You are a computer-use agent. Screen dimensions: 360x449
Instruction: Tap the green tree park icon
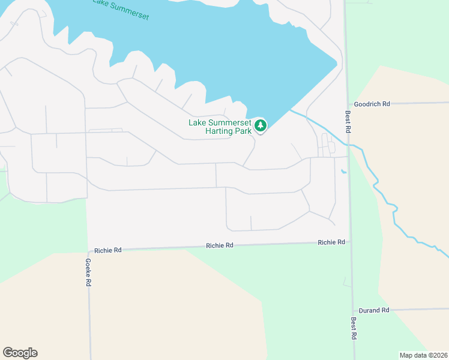(260, 126)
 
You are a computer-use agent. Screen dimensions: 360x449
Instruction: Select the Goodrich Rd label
(372, 104)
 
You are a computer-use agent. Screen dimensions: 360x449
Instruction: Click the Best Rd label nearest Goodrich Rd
(348, 121)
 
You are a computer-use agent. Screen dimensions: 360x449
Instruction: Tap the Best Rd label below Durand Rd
(354, 329)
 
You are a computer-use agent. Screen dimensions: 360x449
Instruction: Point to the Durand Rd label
(375, 310)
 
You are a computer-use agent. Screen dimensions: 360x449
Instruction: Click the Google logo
(20, 353)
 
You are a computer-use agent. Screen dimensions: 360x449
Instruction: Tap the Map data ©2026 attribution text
(423, 355)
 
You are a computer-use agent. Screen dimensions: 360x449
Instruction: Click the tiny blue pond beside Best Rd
(343, 172)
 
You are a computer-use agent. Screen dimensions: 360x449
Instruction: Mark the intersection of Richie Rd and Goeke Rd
(88, 249)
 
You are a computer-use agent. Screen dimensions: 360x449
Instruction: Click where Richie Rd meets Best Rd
(350, 242)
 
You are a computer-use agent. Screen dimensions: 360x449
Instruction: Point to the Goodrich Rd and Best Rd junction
(347, 104)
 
